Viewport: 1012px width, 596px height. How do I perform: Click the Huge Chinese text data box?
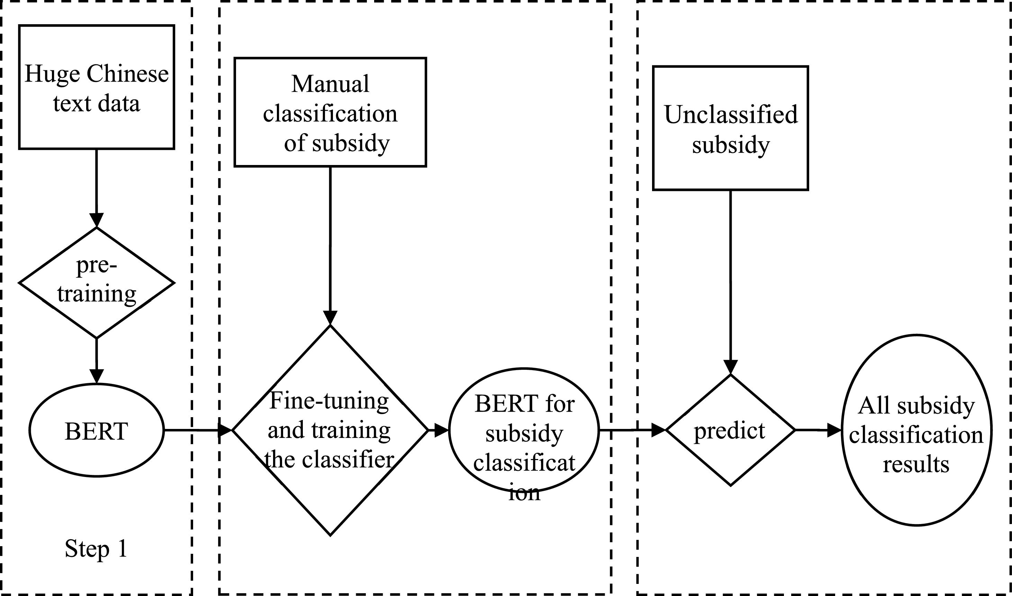point(97,87)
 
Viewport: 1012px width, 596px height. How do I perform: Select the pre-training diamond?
point(97,282)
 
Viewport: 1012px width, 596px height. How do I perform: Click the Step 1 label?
point(97,549)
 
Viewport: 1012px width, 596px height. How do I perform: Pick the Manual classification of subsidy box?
point(330,112)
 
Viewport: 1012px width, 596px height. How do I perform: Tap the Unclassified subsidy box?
point(730,128)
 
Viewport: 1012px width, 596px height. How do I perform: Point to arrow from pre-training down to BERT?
point(97,359)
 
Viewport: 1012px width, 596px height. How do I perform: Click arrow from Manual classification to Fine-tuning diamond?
point(330,245)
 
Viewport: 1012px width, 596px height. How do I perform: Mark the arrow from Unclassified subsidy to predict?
point(730,281)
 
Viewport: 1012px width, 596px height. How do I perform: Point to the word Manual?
point(330,84)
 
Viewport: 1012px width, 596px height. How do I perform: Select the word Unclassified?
point(730,114)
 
